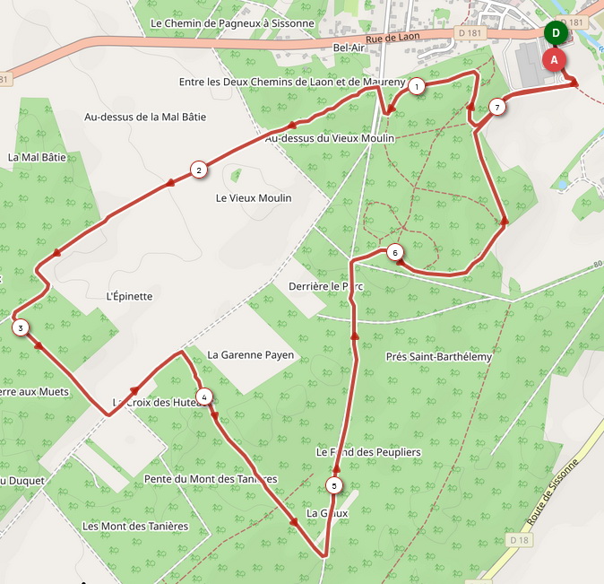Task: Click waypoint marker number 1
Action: click(x=417, y=87)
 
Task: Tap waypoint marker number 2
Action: click(x=198, y=169)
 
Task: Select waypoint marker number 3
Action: click(x=20, y=328)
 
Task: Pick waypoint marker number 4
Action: click(x=204, y=397)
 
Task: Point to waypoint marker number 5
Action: click(x=334, y=486)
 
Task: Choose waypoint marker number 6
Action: click(x=395, y=253)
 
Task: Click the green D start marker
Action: click(x=556, y=33)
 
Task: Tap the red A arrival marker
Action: click(x=554, y=60)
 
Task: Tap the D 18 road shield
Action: click(x=521, y=540)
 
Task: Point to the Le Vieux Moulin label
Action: click(x=254, y=197)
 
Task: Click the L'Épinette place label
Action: click(x=129, y=296)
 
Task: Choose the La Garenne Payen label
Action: click(x=250, y=355)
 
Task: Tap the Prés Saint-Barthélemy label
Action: click(x=439, y=357)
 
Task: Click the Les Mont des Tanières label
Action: click(x=134, y=526)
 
